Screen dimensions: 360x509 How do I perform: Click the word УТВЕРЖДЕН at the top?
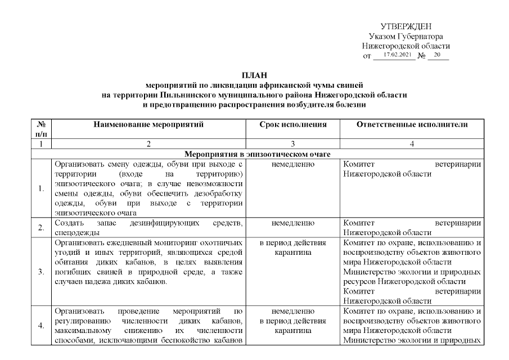point(406,26)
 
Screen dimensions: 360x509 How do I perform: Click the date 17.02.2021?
point(398,55)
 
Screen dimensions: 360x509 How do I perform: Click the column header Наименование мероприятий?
point(148,124)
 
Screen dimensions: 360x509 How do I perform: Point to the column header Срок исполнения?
point(292,124)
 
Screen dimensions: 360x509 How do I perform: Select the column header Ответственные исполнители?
point(412,124)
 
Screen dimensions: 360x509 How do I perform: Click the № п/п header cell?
point(40,129)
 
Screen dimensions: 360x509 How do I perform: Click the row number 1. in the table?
point(40,188)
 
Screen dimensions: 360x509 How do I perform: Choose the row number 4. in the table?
point(40,325)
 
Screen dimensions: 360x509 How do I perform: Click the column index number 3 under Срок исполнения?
point(292,144)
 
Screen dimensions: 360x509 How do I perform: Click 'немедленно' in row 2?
point(292,223)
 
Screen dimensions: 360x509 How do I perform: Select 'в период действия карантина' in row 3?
point(292,248)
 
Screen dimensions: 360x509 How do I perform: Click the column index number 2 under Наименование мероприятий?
point(148,144)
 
